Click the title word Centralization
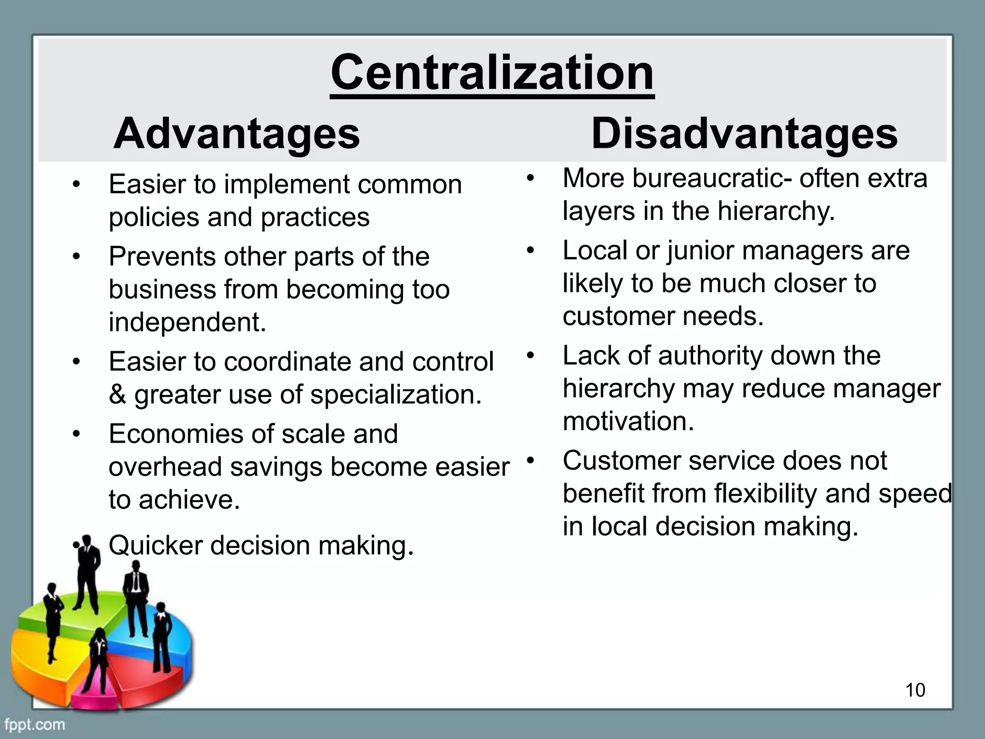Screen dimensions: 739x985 click(x=492, y=73)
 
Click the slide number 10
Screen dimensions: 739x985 click(x=915, y=690)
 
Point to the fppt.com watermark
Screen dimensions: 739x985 click(x=35, y=724)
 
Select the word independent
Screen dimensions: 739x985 click(x=187, y=322)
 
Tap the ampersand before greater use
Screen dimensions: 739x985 click(x=117, y=395)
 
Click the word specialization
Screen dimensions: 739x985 click(x=395, y=395)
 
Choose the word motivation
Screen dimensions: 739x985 click(x=628, y=421)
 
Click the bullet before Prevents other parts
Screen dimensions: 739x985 click(x=76, y=257)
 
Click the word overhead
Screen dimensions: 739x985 click(x=164, y=467)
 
